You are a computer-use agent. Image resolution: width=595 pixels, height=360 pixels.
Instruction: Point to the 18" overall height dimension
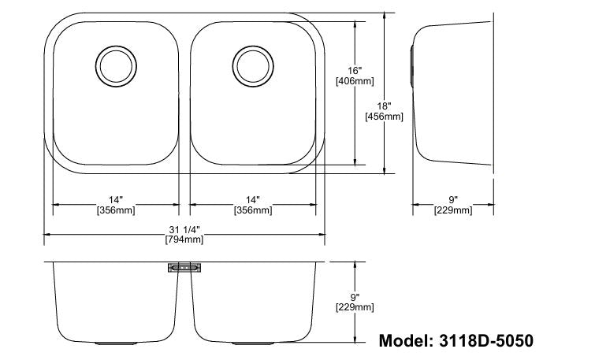pyautogui.click(x=384, y=106)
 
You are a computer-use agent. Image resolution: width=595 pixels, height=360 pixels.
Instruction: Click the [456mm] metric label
pyautogui.click(x=384, y=117)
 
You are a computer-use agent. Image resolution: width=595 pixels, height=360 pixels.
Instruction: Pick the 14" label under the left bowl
pyautogui.click(x=115, y=200)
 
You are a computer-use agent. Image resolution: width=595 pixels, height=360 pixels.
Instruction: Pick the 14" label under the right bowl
pyautogui.click(x=253, y=200)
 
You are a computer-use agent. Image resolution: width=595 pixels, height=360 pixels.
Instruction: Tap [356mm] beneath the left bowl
pyautogui.click(x=115, y=210)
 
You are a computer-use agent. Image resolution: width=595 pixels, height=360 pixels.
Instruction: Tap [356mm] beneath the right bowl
pyautogui.click(x=253, y=210)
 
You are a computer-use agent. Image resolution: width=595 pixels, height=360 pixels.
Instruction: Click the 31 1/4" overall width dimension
pyautogui.click(x=184, y=229)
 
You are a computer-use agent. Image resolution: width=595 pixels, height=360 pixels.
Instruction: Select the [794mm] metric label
pyautogui.click(x=184, y=239)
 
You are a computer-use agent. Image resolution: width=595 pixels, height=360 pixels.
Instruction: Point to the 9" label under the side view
pyautogui.click(x=453, y=200)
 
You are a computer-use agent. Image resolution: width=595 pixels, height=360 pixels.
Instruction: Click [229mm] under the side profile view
pyautogui.click(x=453, y=210)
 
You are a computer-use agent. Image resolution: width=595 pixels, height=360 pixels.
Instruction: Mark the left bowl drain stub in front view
pyautogui.click(x=117, y=344)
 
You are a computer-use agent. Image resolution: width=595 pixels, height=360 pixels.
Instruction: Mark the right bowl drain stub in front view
pyautogui.click(x=253, y=344)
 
